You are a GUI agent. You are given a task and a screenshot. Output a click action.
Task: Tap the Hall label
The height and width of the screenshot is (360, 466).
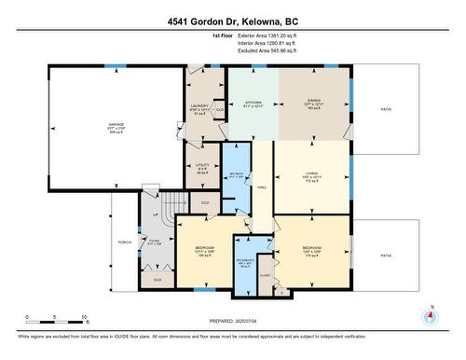click(x=263, y=186)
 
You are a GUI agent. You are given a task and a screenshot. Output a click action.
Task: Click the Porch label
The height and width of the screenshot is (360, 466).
click(x=124, y=243)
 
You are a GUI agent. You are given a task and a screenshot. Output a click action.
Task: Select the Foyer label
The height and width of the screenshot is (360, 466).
click(x=153, y=244)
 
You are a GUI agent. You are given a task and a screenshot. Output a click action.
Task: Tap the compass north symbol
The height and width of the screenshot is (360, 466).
click(x=429, y=316)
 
